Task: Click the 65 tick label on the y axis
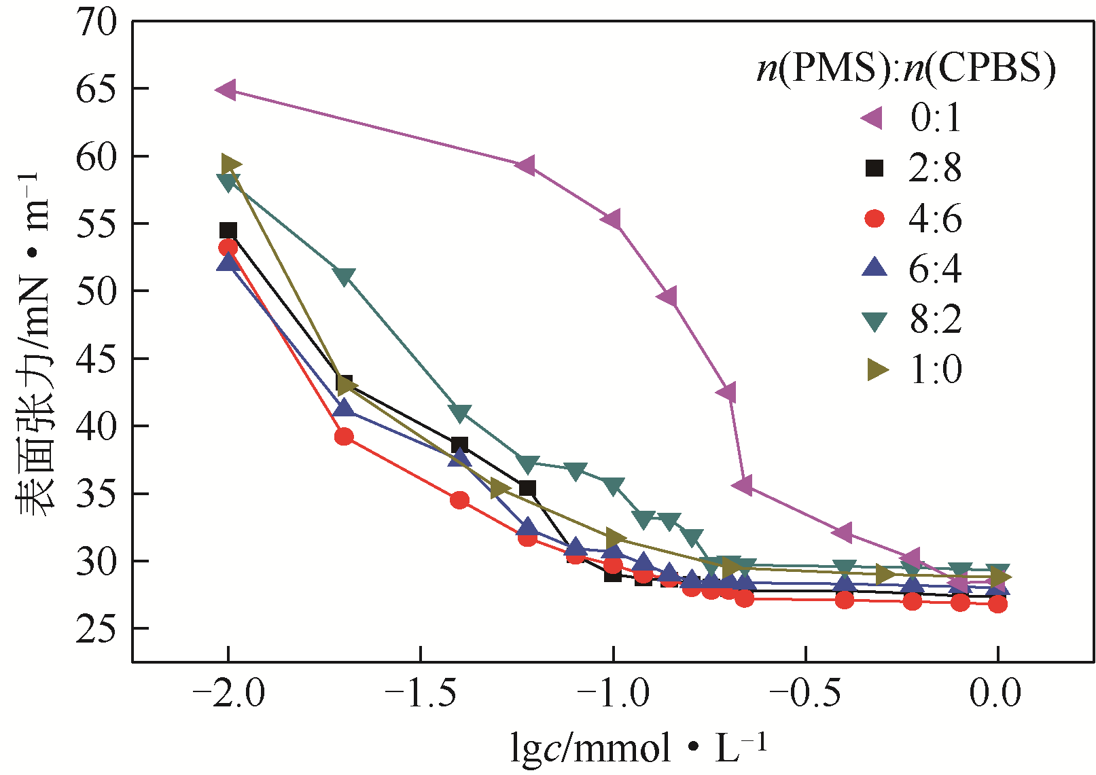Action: pyautogui.click(x=96, y=89)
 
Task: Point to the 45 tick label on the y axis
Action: pyautogui.click(x=96, y=359)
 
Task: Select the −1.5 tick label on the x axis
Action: pyautogui.click(x=421, y=695)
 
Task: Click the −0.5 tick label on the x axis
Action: pyautogui.click(x=805, y=695)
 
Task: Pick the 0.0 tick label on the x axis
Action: pyautogui.click(x=995, y=695)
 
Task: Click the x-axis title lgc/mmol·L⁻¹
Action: pyautogui.click(x=639, y=748)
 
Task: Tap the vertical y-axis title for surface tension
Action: pyautogui.click(x=33, y=343)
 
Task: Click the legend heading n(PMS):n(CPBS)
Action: pyautogui.click(x=906, y=68)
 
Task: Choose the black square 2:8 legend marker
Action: pyautogui.click(x=874, y=168)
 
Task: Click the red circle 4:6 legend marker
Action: pyautogui.click(x=874, y=218)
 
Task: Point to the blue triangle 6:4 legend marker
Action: pyautogui.click(x=874, y=268)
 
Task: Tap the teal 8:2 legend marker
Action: pyautogui.click(x=874, y=319)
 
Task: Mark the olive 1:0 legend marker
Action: pyautogui.click(x=877, y=370)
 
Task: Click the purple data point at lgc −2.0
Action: pyautogui.click(x=226, y=90)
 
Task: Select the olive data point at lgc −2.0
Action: pyautogui.click(x=231, y=164)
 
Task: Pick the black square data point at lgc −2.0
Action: pyautogui.click(x=228, y=230)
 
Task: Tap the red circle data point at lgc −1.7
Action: pyautogui.click(x=344, y=436)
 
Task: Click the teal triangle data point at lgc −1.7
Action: pyautogui.click(x=344, y=276)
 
